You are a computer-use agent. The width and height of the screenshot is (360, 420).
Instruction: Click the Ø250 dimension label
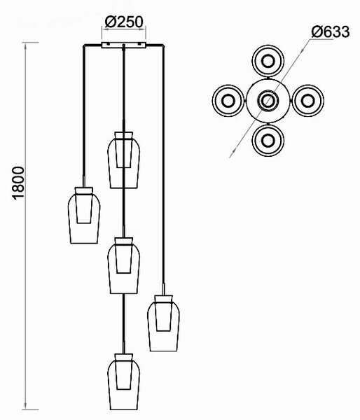click(x=124, y=22)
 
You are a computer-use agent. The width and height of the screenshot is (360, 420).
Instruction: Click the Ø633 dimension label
click(x=331, y=32)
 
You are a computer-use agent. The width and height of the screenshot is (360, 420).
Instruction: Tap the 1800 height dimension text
click(x=18, y=183)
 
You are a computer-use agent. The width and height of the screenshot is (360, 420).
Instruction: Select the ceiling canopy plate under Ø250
click(x=123, y=45)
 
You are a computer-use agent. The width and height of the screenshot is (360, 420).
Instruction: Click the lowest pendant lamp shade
click(x=123, y=385)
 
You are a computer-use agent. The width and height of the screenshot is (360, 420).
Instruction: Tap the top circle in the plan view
click(x=268, y=45)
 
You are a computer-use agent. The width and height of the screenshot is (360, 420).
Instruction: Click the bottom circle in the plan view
click(x=268, y=156)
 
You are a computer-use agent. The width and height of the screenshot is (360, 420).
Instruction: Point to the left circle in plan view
click(x=213, y=101)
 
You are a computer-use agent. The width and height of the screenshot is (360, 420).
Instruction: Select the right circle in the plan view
click(x=324, y=101)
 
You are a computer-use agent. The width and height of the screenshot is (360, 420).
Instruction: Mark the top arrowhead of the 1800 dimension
click(x=25, y=46)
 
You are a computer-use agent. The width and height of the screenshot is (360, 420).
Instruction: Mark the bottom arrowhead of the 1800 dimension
click(x=25, y=406)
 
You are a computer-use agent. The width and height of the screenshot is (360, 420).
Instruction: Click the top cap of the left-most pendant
click(x=84, y=190)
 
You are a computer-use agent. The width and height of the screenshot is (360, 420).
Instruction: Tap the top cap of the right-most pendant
click(x=163, y=299)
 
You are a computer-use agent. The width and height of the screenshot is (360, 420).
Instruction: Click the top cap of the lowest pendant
click(x=123, y=357)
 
